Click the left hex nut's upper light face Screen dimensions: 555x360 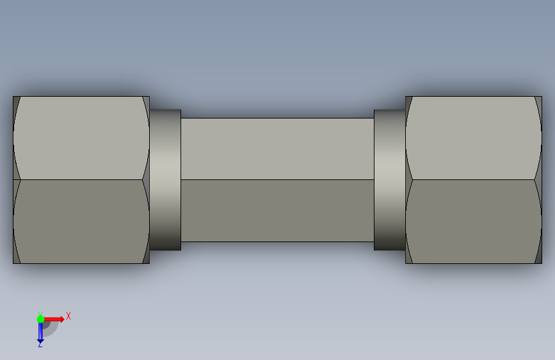[x=81, y=138]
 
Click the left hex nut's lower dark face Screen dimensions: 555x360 [x=81, y=222]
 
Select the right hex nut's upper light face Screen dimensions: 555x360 [x=474, y=138]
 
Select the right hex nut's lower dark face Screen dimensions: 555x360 [x=474, y=222]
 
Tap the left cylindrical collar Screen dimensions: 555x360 [x=165, y=179]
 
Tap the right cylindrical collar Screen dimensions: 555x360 [x=390, y=179]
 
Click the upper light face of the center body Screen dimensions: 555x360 [x=278, y=149]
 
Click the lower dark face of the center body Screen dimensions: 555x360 [x=278, y=211]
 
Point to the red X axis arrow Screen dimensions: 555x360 [x=53, y=319]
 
